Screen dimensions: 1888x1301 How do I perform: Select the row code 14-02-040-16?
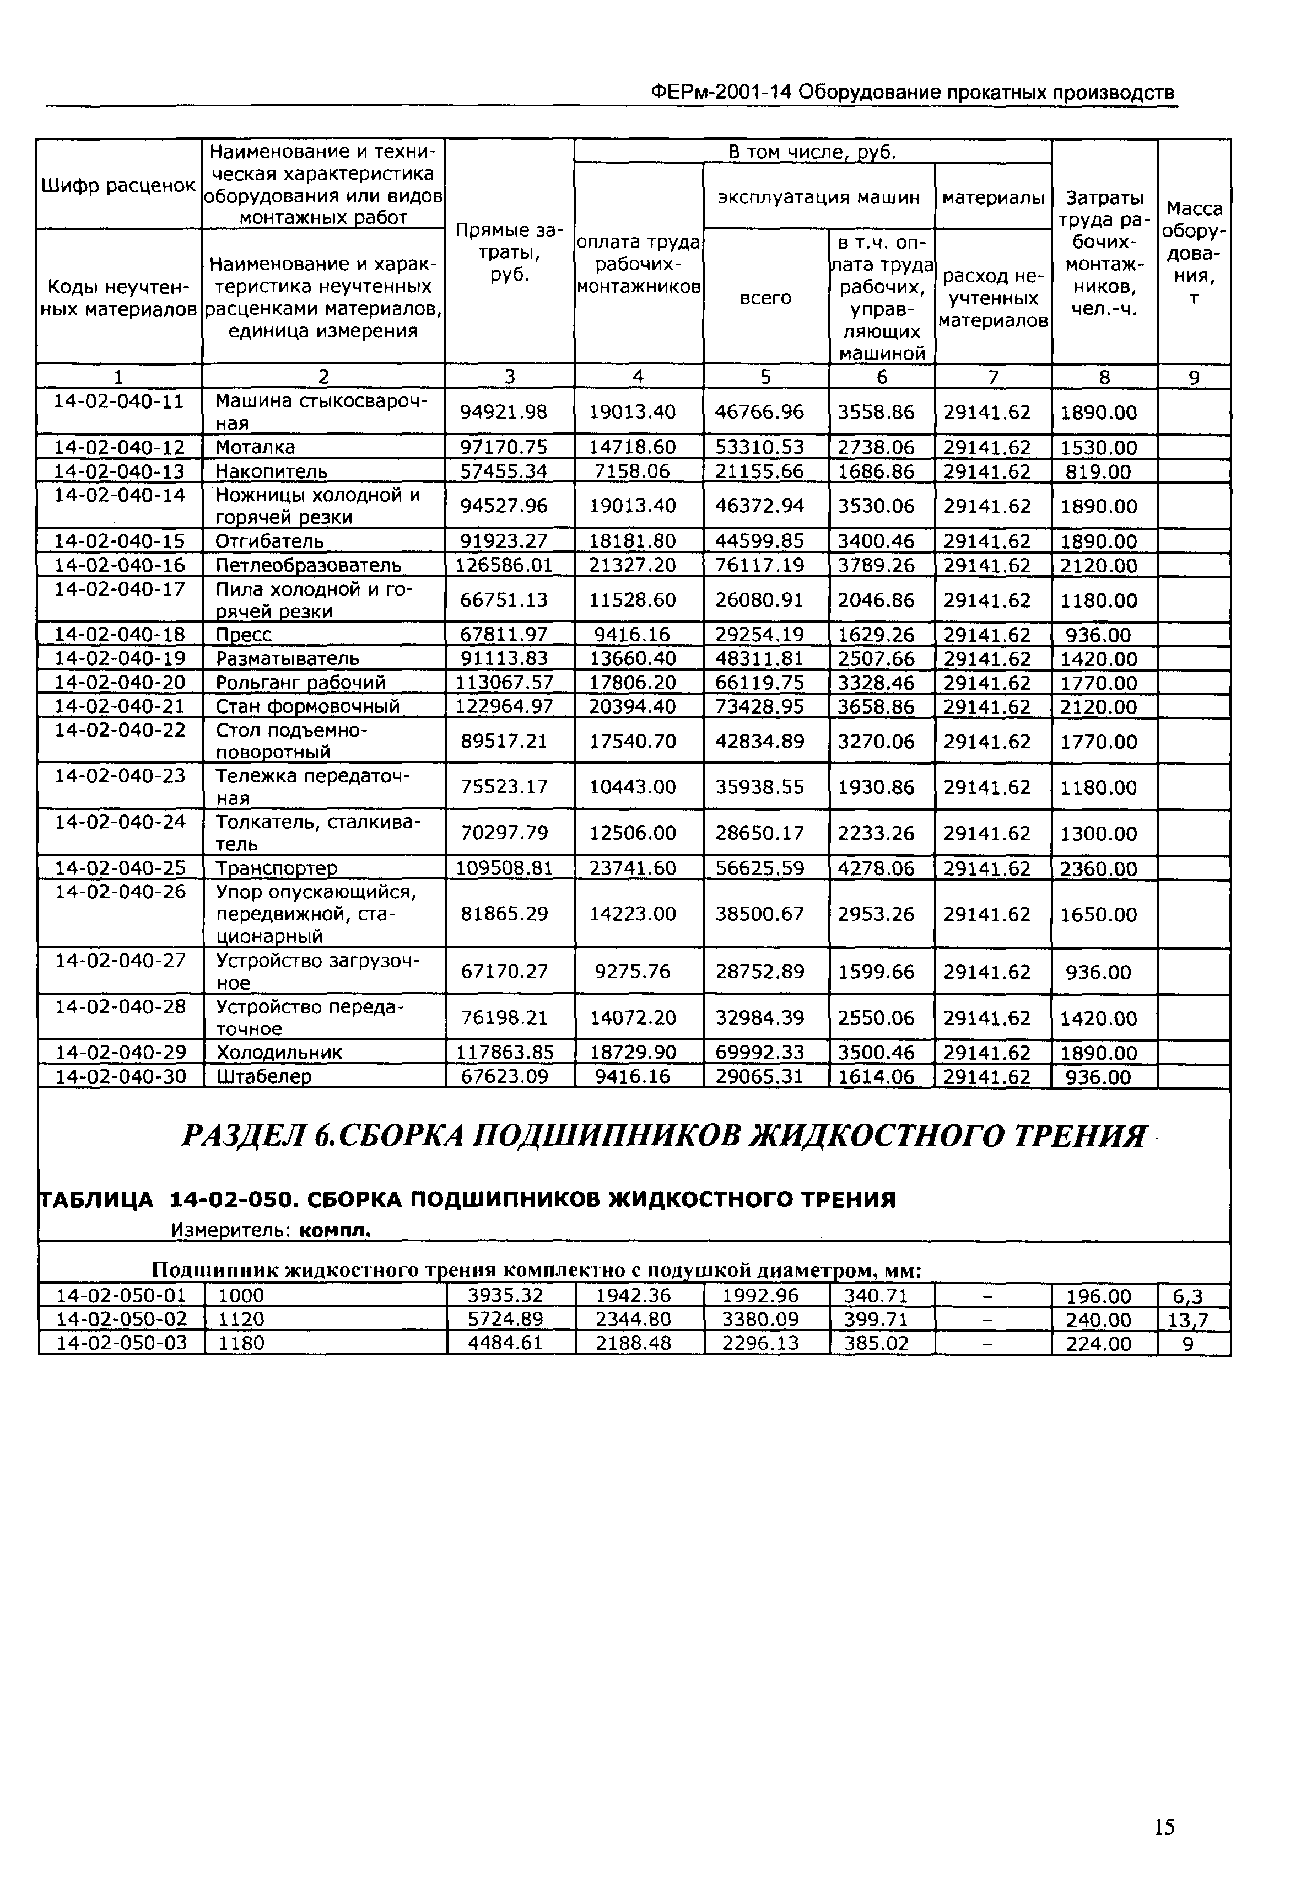click(119, 565)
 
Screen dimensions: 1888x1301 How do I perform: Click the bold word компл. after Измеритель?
click(335, 1231)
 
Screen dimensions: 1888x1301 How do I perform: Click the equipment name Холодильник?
click(279, 1053)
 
